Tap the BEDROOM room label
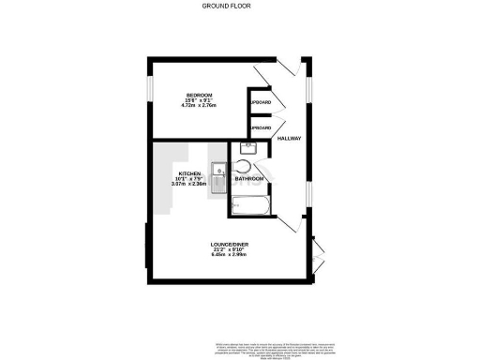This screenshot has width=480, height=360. (199, 95)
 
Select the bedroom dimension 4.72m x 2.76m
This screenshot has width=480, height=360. (199, 106)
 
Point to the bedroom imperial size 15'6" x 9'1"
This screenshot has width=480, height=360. (199, 100)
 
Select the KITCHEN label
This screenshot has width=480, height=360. (191, 173)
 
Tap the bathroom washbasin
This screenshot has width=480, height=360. (248, 147)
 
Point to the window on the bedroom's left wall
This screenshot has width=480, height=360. (148, 90)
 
